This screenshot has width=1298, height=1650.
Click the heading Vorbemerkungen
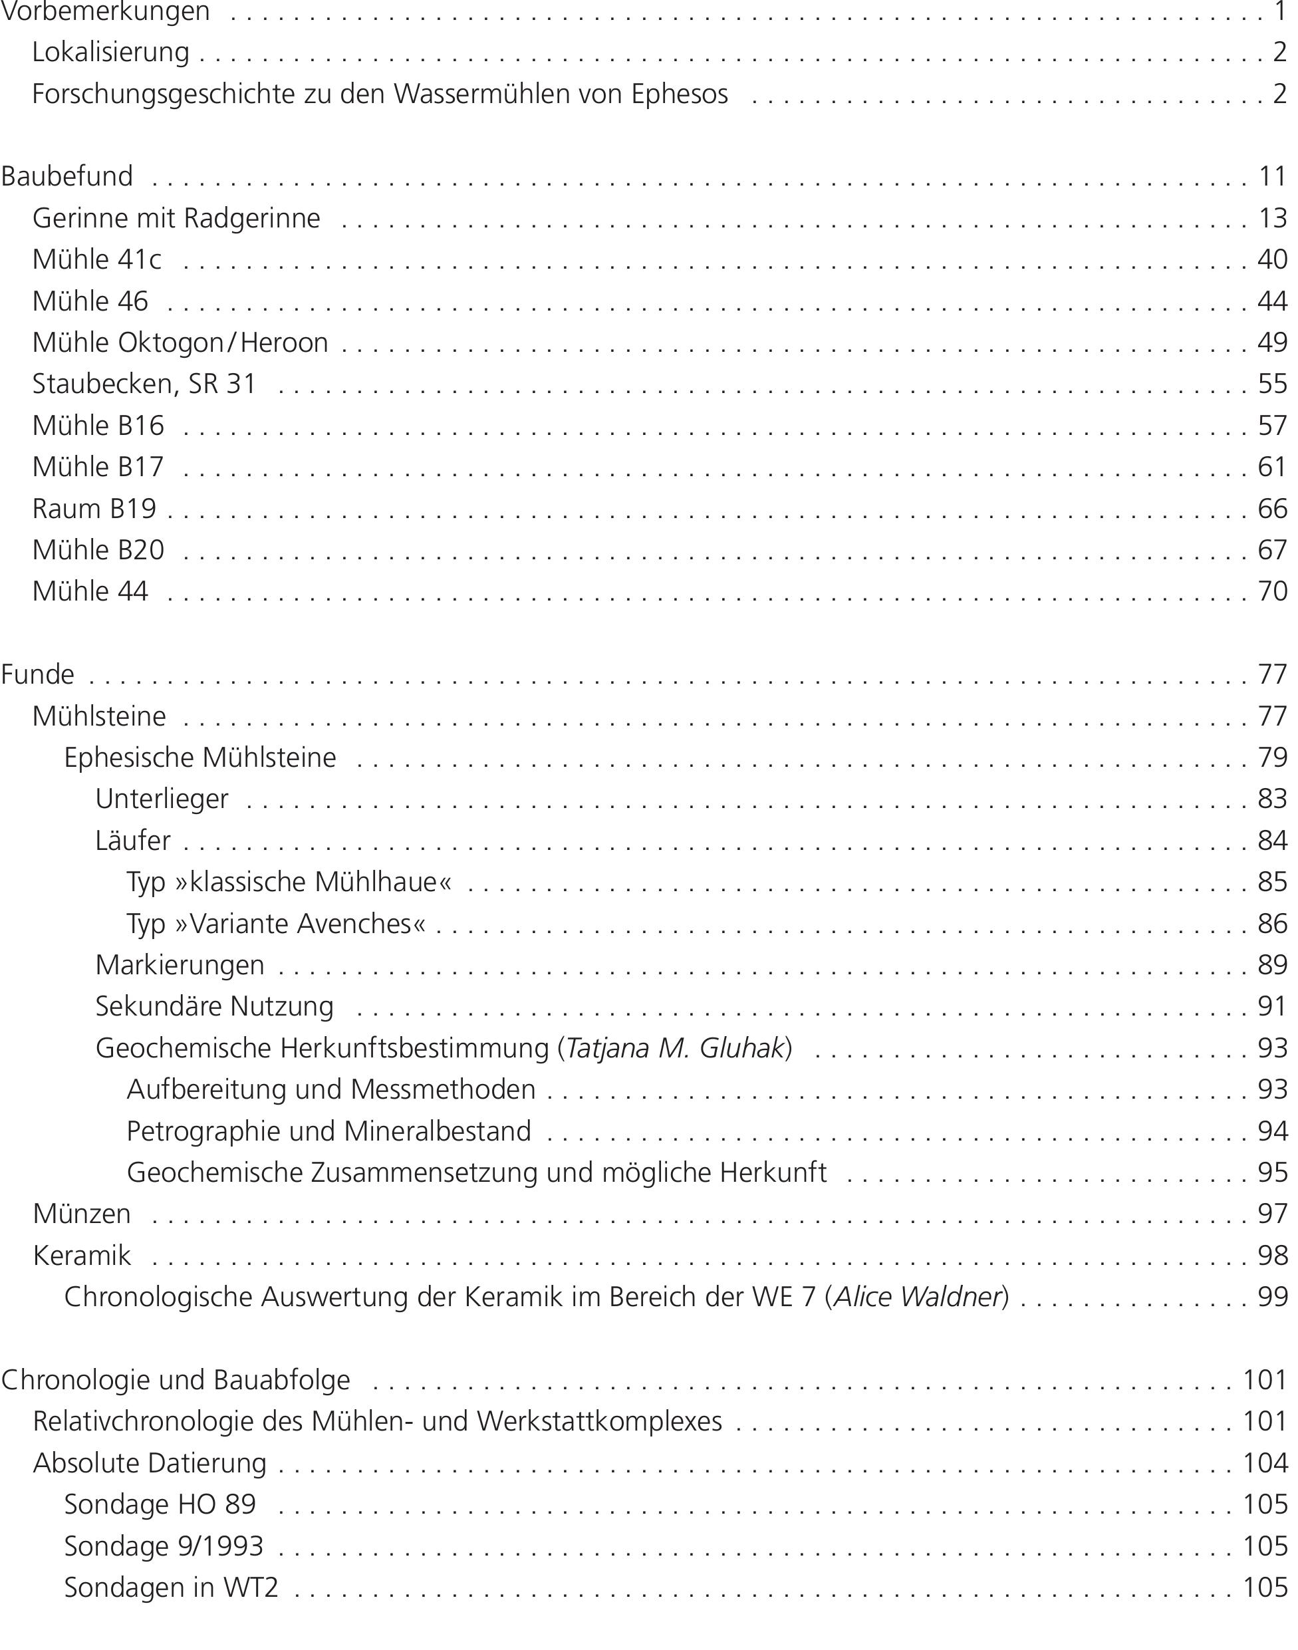(x=105, y=12)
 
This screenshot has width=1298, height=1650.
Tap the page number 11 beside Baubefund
(x=1272, y=176)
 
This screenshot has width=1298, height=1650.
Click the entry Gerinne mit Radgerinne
(x=176, y=218)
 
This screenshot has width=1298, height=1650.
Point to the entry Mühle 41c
(x=96, y=260)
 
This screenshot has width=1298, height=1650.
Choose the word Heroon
(x=284, y=343)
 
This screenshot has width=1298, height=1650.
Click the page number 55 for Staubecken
(x=1272, y=384)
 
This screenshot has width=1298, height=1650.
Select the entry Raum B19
(x=94, y=509)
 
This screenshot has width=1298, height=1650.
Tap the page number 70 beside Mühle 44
(x=1272, y=591)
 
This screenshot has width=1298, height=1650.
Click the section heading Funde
(x=38, y=674)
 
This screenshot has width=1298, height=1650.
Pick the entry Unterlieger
(x=162, y=799)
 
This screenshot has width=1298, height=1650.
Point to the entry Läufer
(x=133, y=841)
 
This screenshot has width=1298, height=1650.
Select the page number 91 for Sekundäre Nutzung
(x=1272, y=1006)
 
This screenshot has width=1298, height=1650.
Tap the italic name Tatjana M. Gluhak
(x=675, y=1048)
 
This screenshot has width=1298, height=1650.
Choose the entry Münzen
(x=82, y=1214)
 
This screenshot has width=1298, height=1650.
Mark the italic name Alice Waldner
(x=916, y=1297)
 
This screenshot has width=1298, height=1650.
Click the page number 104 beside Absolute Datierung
(x=1265, y=1463)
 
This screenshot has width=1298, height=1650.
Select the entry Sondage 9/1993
(x=164, y=1546)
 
